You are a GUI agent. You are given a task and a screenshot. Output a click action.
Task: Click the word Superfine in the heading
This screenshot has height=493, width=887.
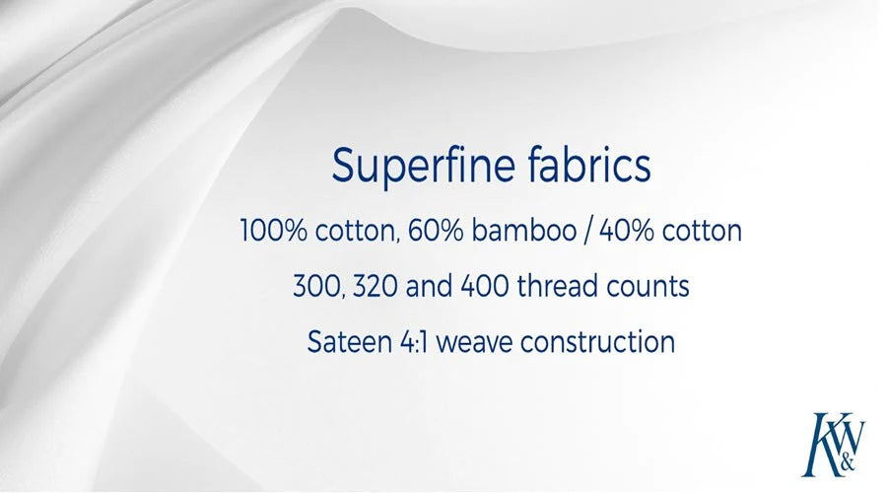click(x=423, y=167)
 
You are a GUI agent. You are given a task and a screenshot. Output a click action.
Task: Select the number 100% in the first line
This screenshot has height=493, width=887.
click(x=274, y=231)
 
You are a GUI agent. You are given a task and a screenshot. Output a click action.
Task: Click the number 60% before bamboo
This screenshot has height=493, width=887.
click(x=435, y=231)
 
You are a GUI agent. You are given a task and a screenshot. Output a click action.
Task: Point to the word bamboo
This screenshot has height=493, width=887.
click(x=524, y=231)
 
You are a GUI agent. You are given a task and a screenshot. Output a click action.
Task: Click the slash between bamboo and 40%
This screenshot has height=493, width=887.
click(x=587, y=232)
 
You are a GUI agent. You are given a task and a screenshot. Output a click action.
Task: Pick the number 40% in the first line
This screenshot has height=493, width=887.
click(x=626, y=231)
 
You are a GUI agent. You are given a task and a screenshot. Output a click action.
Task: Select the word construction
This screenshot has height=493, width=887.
click(x=598, y=342)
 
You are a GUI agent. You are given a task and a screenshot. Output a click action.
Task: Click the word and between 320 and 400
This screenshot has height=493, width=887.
click(x=429, y=286)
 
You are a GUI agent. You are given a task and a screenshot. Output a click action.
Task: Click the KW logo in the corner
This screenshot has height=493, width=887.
click(x=834, y=445)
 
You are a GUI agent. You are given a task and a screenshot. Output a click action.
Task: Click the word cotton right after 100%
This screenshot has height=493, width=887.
click(x=355, y=232)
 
